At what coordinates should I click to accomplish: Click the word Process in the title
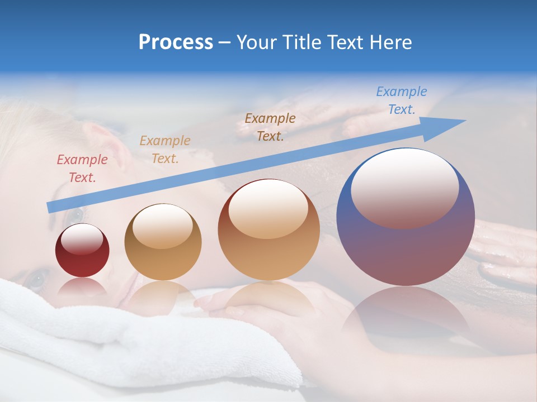(176, 42)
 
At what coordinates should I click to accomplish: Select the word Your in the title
(257, 42)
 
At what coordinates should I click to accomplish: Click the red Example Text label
(82, 169)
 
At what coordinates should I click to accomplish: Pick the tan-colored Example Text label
(165, 150)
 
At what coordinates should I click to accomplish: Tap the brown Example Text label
(270, 127)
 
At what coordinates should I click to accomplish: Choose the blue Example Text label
(402, 100)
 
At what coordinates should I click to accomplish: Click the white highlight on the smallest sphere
(82, 239)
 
